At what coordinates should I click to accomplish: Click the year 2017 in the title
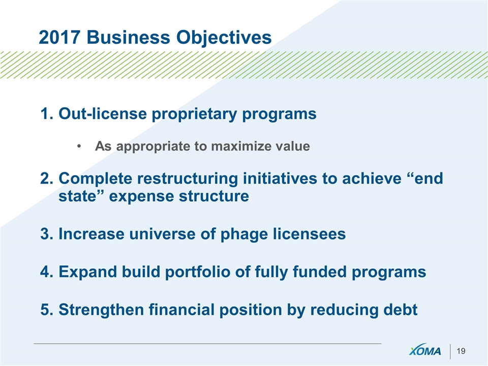pyautogui.click(x=59, y=37)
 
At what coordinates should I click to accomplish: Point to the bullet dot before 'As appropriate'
pyautogui.click(x=79, y=146)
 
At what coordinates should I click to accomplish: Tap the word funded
pyautogui.click(x=319, y=271)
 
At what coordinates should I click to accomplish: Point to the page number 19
pyautogui.click(x=461, y=351)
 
